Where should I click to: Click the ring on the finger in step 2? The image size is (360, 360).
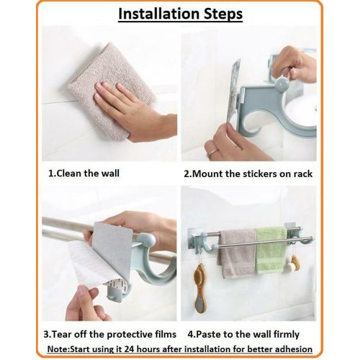click(214, 153)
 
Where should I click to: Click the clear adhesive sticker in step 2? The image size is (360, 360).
click(234, 90)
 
